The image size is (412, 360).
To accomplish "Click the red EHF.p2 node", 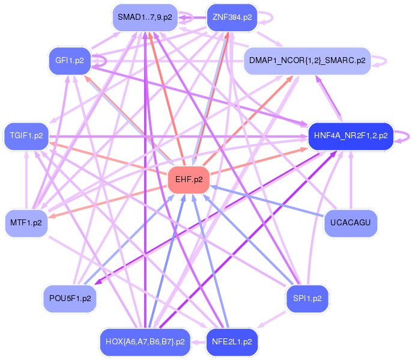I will tap(189, 179).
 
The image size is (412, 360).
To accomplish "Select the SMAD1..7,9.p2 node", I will tap(144, 17).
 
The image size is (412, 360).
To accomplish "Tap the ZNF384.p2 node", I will tap(231, 17).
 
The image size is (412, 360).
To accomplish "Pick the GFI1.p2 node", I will tap(69, 60).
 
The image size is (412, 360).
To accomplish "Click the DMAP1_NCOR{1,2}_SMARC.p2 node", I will tap(306, 61).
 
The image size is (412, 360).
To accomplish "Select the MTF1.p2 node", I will tap(26, 222).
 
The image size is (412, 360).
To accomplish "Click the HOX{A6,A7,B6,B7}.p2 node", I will tap(144, 341).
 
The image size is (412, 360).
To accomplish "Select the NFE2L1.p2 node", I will tap(231, 341).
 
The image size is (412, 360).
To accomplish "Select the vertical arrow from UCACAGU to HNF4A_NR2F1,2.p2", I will tap(350, 180).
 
